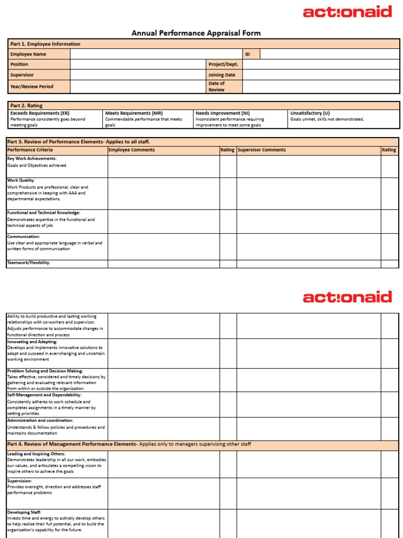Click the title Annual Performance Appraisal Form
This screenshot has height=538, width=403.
[196, 33]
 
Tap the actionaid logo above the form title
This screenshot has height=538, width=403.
[347, 12]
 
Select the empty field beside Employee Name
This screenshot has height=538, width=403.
[156, 54]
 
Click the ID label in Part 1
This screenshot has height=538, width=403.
[247, 54]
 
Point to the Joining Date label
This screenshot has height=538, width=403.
[221, 75]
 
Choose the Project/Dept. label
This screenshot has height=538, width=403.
[223, 64]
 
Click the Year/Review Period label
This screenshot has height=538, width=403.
[31, 87]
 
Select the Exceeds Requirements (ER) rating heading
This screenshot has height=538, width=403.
[40, 113]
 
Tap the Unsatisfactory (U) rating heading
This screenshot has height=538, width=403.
[310, 113]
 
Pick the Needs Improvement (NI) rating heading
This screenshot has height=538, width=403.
[222, 113]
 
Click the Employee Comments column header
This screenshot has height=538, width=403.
[132, 150]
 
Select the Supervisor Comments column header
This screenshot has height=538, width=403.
[262, 150]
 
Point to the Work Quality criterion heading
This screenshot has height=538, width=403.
[21, 180]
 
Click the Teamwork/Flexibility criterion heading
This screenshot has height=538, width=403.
[29, 263]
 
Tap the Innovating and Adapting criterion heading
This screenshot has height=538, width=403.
[32, 342]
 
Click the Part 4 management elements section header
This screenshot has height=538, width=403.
[129, 444]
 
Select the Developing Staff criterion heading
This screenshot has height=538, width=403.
[24, 512]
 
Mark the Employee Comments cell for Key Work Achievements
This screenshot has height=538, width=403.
[163, 167]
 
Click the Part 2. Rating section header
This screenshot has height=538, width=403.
[26, 106]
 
